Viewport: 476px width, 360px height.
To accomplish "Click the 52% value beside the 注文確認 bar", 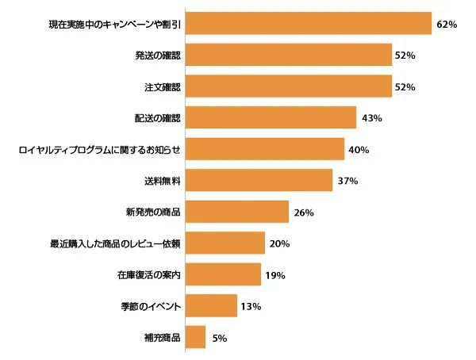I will [405, 87].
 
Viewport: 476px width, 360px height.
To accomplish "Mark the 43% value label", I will [371, 118].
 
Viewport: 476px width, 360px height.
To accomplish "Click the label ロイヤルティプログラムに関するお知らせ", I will [100, 150].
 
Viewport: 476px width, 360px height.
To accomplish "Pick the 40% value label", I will [359, 150].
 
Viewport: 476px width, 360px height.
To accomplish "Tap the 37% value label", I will [347, 181].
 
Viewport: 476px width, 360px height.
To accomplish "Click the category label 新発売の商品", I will [153, 213].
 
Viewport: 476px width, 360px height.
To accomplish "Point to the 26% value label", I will [304, 213].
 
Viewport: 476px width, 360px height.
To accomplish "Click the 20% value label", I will [280, 243].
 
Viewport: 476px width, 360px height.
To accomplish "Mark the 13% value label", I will [252, 306].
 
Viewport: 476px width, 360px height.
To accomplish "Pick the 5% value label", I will [220, 338].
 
